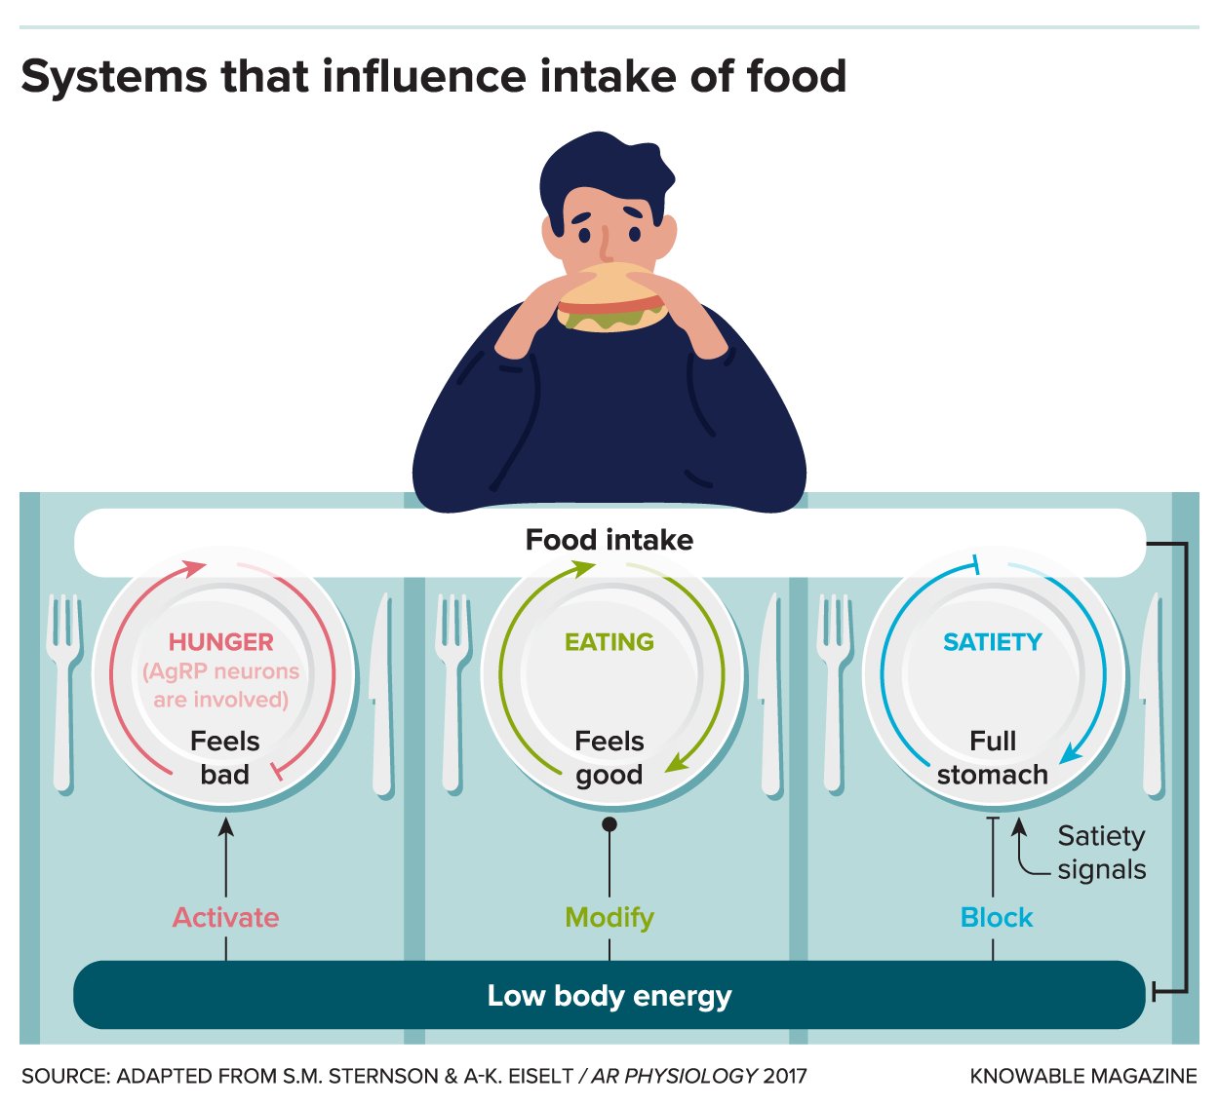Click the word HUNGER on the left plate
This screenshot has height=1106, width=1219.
221,642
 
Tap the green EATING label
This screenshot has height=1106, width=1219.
609,642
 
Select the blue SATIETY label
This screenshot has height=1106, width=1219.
993,642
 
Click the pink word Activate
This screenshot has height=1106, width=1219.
226,917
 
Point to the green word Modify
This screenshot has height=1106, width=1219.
609,917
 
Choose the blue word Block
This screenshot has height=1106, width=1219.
997,917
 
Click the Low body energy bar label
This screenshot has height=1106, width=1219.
609,996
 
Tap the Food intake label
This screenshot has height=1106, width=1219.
609,540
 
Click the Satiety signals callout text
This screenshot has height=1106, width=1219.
1102,853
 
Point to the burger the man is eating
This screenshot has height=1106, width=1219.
611,298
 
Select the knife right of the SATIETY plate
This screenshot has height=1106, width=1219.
1153,692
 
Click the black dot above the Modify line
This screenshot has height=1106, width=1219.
609,824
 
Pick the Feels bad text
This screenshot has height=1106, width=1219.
225,757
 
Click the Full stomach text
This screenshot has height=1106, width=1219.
993,757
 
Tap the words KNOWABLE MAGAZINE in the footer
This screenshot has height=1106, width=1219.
1083,1076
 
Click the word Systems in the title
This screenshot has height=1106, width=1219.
115,76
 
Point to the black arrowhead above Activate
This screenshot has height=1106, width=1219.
226,826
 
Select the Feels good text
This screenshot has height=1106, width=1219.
609,757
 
